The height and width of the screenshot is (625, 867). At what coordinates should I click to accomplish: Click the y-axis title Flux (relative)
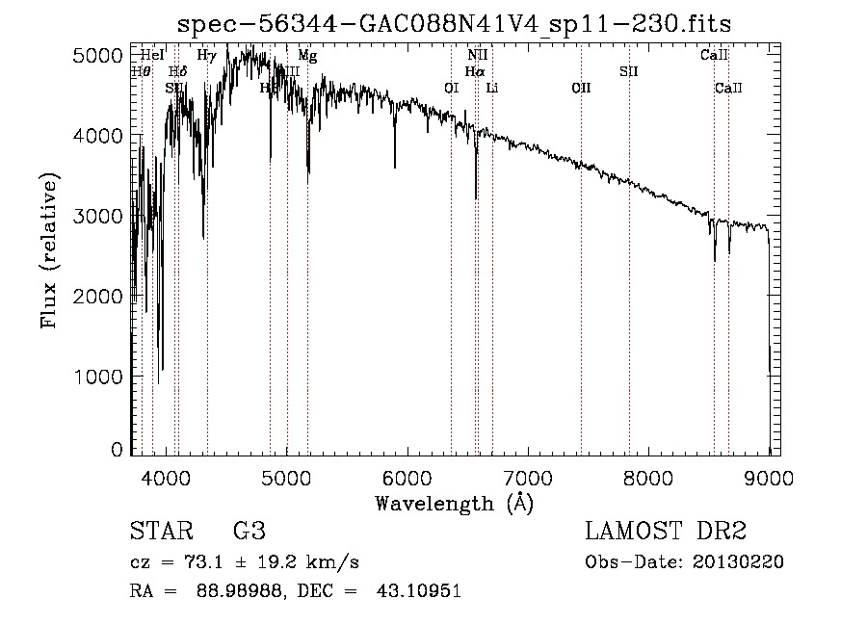click(x=49, y=251)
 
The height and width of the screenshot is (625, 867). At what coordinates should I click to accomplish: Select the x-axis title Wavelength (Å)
click(x=454, y=503)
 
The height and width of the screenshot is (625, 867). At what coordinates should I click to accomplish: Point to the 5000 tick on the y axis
click(x=96, y=56)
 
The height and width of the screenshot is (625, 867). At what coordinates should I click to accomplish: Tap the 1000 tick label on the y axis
click(x=96, y=377)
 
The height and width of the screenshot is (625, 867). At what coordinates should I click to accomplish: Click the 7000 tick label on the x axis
click(x=528, y=477)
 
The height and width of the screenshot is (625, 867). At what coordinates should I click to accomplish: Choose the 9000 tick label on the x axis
click(x=769, y=477)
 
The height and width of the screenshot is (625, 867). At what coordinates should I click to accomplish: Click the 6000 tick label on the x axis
click(x=407, y=477)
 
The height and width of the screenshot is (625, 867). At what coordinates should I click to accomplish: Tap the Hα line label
click(x=474, y=71)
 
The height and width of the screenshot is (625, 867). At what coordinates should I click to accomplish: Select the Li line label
click(x=492, y=89)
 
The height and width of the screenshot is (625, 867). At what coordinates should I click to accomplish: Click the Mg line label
click(x=307, y=56)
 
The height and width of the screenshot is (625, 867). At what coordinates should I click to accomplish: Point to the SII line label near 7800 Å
click(x=629, y=71)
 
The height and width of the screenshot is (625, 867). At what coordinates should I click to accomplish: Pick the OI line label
click(x=451, y=89)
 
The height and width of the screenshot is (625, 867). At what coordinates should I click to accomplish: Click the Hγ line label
click(x=206, y=56)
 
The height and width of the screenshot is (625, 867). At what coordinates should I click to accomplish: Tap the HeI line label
click(x=151, y=56)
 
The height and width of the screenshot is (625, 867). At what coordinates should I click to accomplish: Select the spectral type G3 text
click(x=249, y=532)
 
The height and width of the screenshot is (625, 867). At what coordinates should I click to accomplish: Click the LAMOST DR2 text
click(x=666, y=532)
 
